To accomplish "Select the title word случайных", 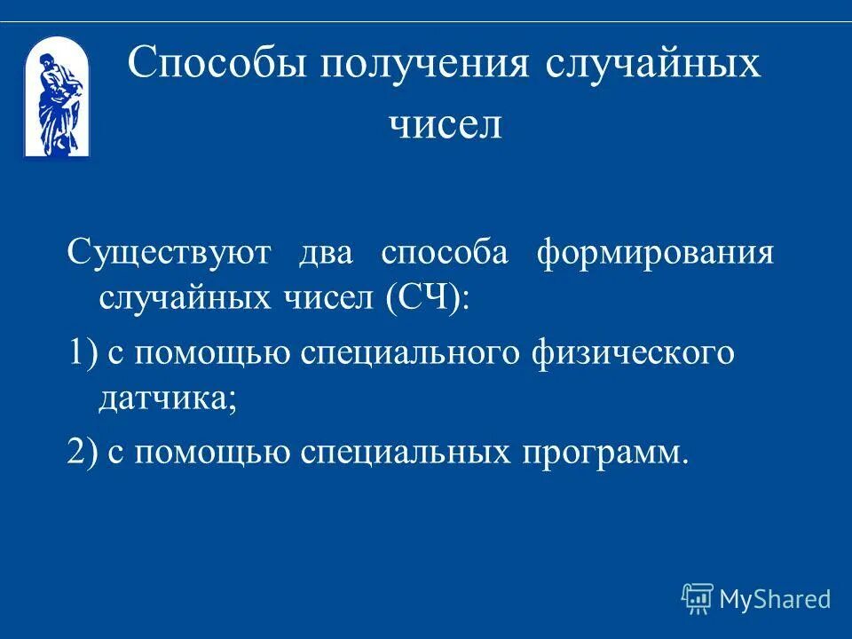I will coord(653,65).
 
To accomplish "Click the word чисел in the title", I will coord(446,124).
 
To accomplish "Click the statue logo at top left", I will coord(56,97).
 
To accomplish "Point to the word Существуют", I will coord(169,253).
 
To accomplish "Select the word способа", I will coord(444,253).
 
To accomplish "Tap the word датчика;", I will coord(167,401).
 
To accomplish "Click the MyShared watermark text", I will coord(775,599).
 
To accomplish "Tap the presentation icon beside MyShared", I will coord(698,599).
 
